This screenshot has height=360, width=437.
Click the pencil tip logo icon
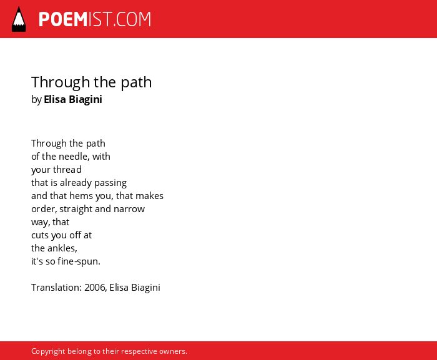tap(19, 19)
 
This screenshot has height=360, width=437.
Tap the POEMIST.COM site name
tap(95, 19)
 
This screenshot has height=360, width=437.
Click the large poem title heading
tap(91, 83)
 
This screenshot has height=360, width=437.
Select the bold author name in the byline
tap(73, 99)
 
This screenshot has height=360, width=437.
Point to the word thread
tap(67, 170)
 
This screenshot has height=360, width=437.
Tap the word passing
tap(110, 183)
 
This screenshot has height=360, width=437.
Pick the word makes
tap(151, 196)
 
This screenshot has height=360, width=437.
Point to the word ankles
tap(62, 248)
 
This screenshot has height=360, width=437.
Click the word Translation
tap(57, 288)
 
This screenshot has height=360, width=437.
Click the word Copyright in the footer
tap(48, 351)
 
